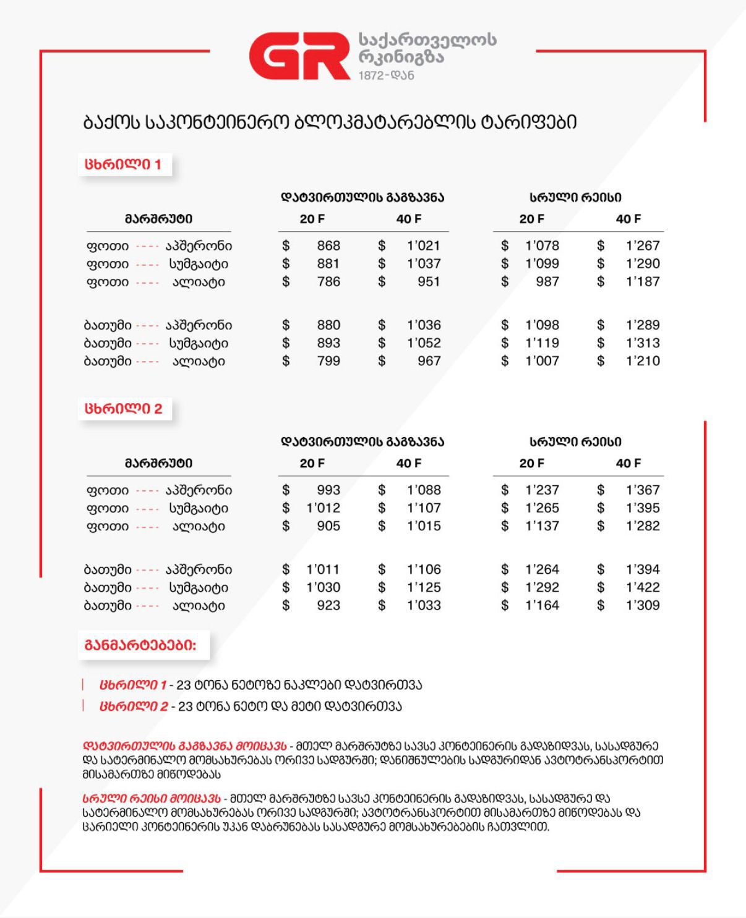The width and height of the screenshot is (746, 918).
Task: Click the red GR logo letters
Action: point(299,56)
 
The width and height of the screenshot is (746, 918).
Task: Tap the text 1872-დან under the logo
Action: point(386,75)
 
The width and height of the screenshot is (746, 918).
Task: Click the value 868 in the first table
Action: point(328,245)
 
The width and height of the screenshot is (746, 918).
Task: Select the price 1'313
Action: point(643,343)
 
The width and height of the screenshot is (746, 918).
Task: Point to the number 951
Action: point(429,282)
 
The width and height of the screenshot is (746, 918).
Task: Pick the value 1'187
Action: point(643,282)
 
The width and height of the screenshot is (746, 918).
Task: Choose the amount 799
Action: point(328,361)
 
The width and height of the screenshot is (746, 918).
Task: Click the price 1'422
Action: point(643,587)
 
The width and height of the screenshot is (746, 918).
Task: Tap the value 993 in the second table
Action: point(328,490)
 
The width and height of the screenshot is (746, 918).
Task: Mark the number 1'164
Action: point(542,605)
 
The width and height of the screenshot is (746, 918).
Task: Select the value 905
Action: point(328,526)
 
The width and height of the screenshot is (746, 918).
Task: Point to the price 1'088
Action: point(424,490)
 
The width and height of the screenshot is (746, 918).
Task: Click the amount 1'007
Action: point(542,361)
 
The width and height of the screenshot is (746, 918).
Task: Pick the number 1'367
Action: point(643,490)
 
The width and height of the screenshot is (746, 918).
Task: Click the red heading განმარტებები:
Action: point(140,645)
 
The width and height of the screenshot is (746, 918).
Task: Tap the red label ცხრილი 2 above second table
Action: point(124,409)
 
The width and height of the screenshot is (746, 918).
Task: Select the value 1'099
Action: point(542,264)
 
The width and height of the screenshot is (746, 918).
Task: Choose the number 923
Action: point(328,605)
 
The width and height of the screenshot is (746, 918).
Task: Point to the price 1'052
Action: point(424,343)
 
